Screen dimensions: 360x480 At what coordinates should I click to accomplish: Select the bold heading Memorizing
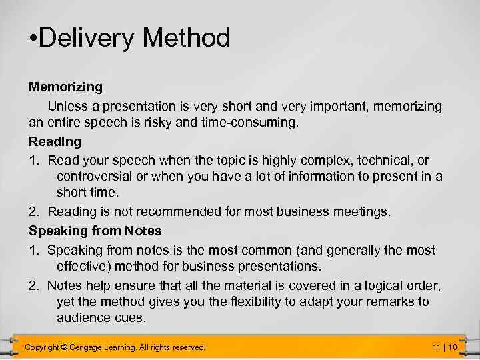65,87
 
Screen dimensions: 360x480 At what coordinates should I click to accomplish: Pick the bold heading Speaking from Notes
95,231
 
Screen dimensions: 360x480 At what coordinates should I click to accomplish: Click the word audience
83,317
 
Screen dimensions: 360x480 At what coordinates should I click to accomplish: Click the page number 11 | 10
444,347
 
